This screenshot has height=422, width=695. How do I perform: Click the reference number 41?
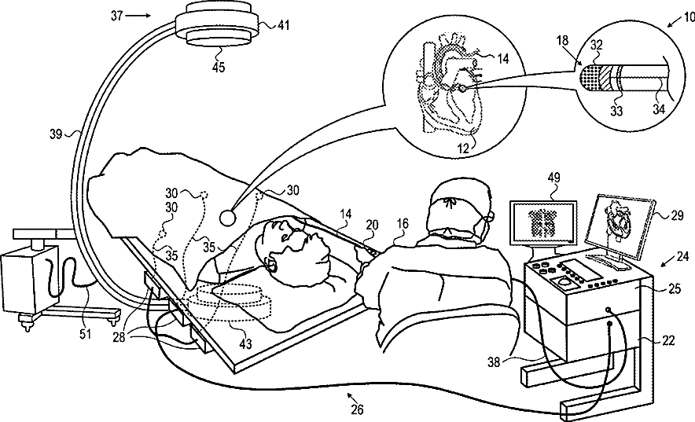click(283, 25)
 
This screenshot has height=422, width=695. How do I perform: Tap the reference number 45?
click(218, 67)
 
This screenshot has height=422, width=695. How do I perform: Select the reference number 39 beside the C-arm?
click(55, 134)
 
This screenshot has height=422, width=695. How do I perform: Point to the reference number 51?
click(85, 333)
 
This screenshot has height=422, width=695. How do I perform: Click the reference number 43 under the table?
click(245, 343)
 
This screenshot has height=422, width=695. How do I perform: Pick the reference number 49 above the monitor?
click(553, 178)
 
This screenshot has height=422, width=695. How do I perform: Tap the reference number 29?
click(677, 216)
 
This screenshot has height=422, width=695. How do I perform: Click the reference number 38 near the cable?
click(495, 362)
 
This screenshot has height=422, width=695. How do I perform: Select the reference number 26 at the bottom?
click(357, 409)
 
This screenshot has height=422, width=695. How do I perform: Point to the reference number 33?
click(616, 111)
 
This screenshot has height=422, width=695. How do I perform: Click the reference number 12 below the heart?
click(463, 149)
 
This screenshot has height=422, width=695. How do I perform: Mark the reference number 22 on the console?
click(668, 340)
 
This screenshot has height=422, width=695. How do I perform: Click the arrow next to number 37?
click(138, 16)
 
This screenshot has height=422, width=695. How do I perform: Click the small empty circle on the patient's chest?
click(228, 217)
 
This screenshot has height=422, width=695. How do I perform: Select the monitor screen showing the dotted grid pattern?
click(543, 222)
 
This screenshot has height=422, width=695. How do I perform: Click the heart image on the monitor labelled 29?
click(618, 219)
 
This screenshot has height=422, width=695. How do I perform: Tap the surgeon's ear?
click(489, 217)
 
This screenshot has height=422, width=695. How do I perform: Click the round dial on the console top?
click(564, 281)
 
